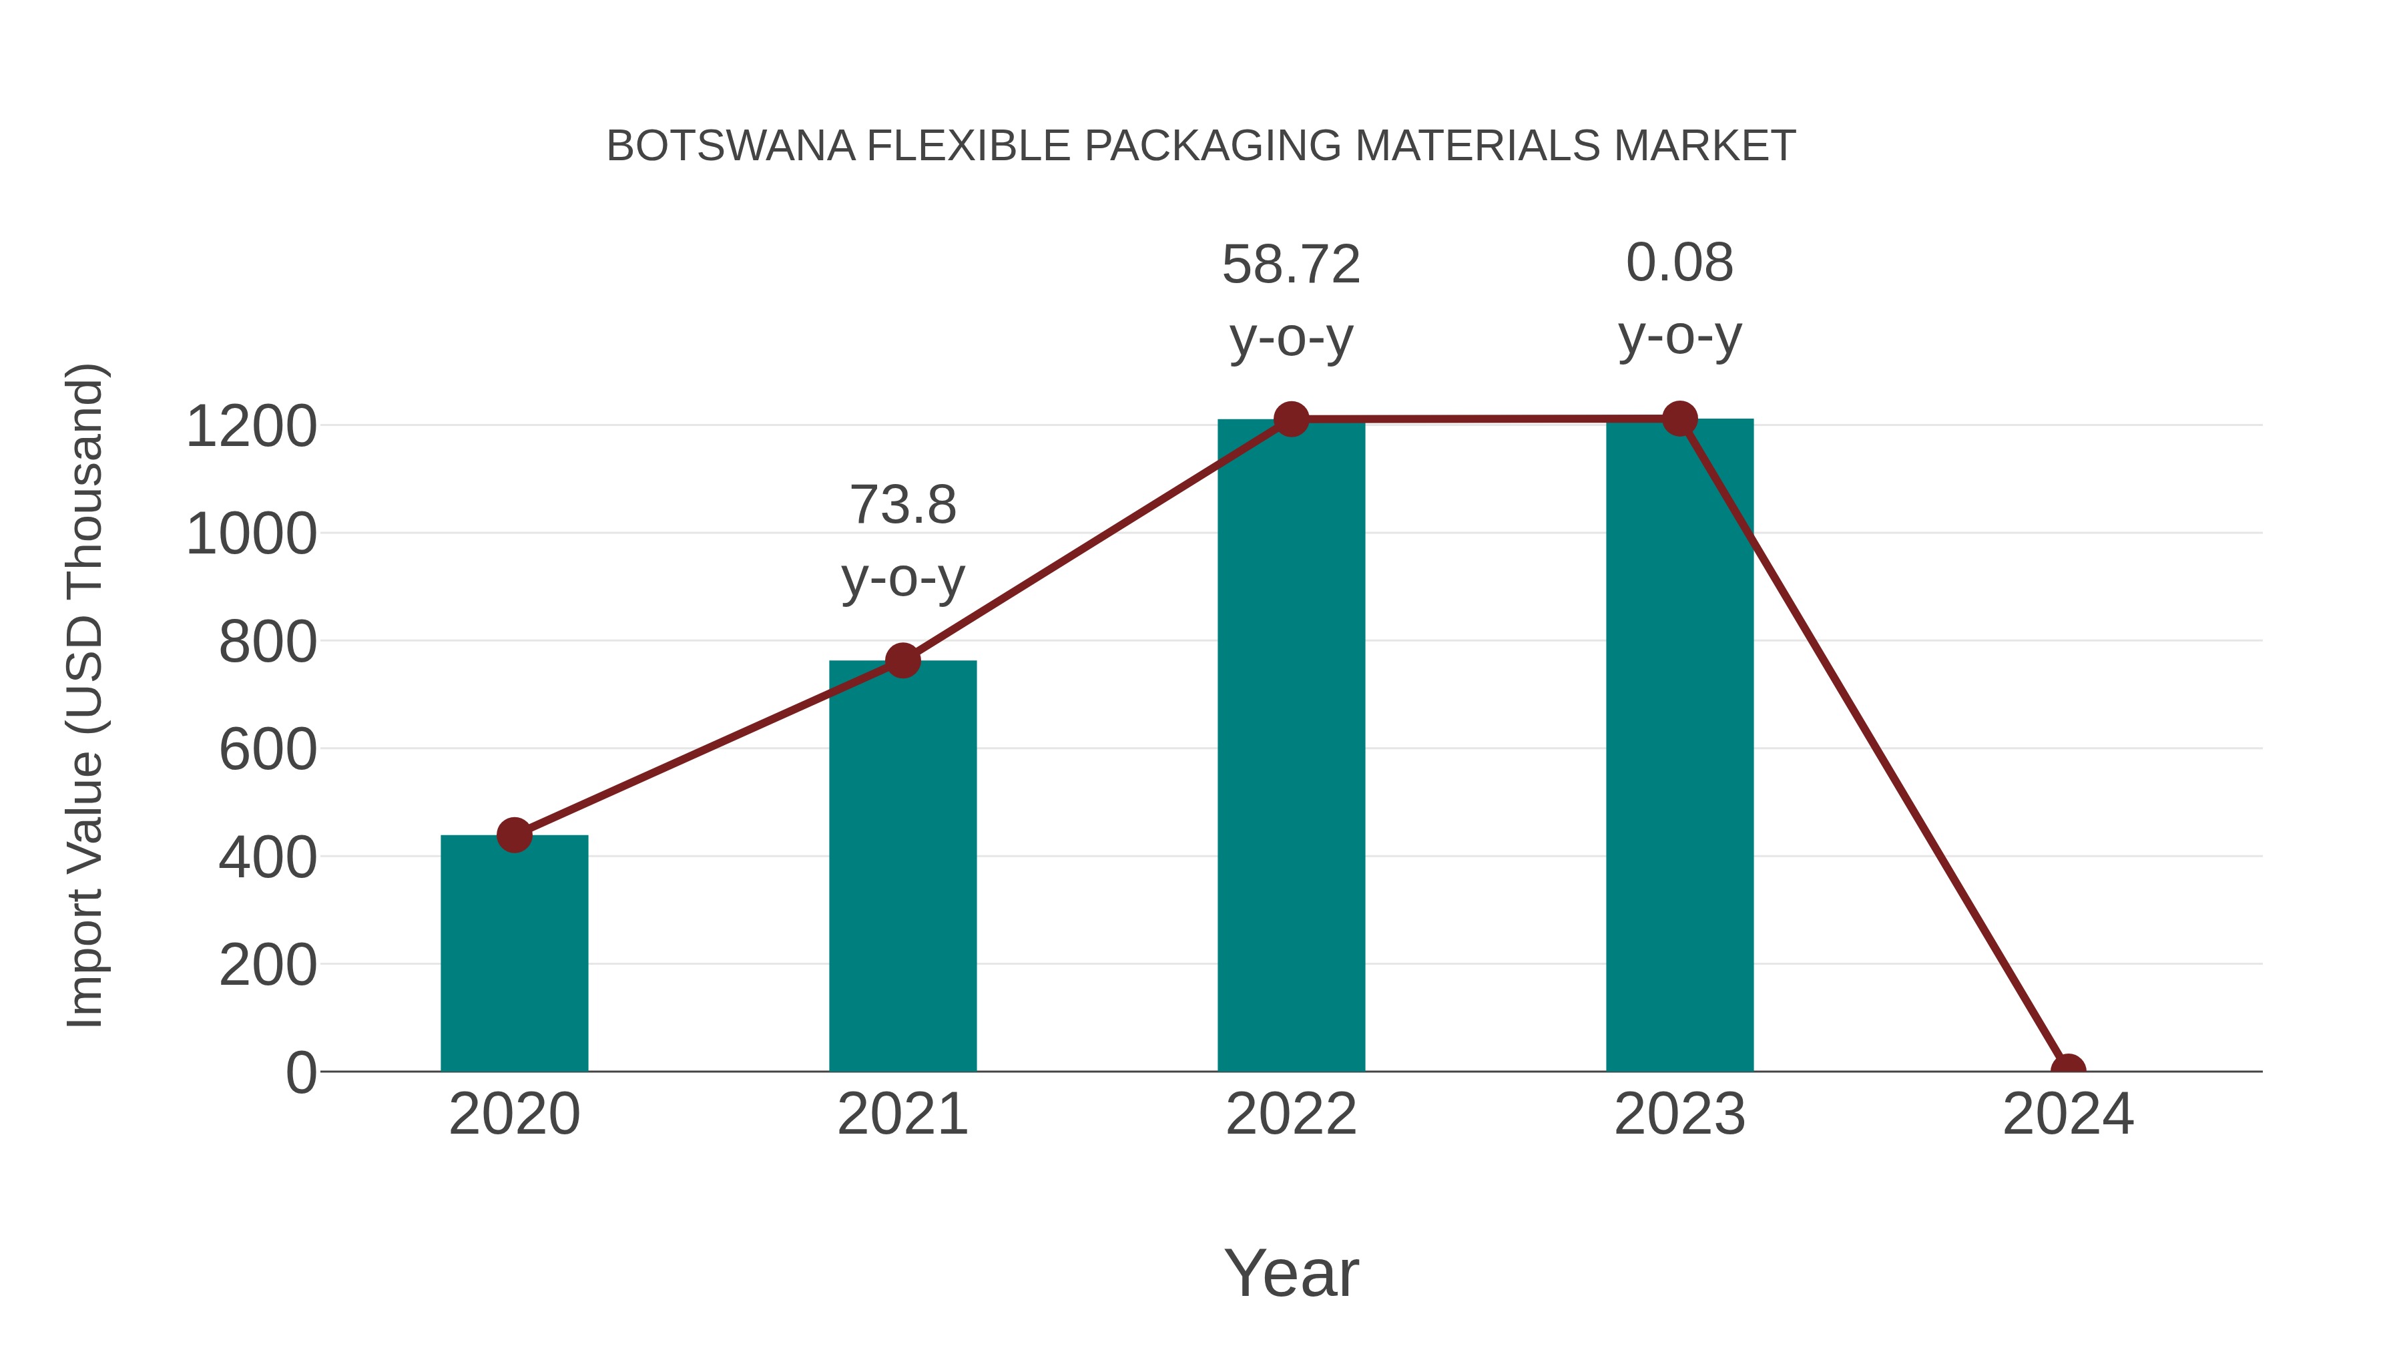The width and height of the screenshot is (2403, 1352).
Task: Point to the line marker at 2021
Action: point(902,660)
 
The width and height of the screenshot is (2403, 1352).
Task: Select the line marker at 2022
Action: point(1291,419)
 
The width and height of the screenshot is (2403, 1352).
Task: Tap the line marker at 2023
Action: point(1679,419)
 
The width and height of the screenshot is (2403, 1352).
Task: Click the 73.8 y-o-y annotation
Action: point(902,541)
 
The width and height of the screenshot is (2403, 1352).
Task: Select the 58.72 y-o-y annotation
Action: point(1291,300)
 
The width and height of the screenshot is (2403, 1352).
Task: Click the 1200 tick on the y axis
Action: point(251,427)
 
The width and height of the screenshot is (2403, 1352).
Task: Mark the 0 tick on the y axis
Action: point(300,1073)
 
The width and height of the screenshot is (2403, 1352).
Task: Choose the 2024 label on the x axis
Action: point(2067,1114)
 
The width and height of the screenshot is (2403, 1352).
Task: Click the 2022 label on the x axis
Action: point(1291,1114)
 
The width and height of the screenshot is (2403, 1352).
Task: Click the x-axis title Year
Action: point(1291,1273)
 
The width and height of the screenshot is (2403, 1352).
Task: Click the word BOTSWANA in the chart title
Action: point(730,146)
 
